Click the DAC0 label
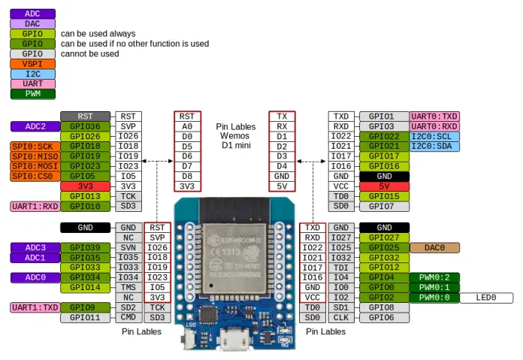(x=434, y=247)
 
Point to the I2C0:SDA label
(x=434, y=146)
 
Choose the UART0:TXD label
(x=434, y=116)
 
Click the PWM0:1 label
(x=434, y=287)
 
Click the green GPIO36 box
(x=85, y=126)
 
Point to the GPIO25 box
(x=384, y=247)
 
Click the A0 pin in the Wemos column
(x=186, y=126)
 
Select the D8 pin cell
(x=186, y=176)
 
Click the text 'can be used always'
(x=98, y=34)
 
